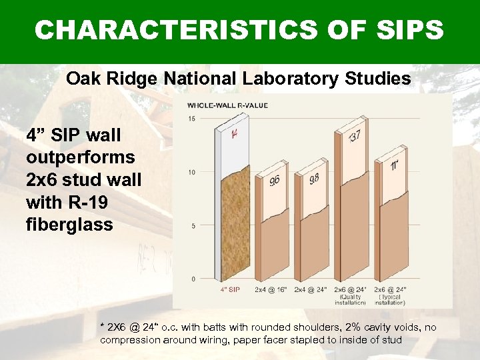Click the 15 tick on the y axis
[192, 119]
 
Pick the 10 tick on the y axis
[192, 173]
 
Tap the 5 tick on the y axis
[193, 226]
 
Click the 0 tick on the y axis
[193, 278]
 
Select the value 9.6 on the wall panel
[275, 180]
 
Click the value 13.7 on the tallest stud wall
[355, 136]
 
